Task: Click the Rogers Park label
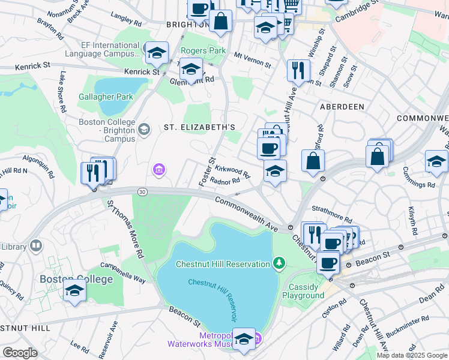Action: pos(203,51)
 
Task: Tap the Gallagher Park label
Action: pos(105,97)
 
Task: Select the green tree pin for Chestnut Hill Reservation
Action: pos(279,263)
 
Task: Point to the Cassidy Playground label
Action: pos(303,291)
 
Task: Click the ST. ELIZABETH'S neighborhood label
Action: pos(199,127)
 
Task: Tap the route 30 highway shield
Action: pos(142,191)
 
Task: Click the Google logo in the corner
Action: pos(20,353)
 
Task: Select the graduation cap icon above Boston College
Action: pos(75,290)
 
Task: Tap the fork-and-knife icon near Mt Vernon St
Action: pos(298,70)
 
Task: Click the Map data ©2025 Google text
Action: pos(411,355)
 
